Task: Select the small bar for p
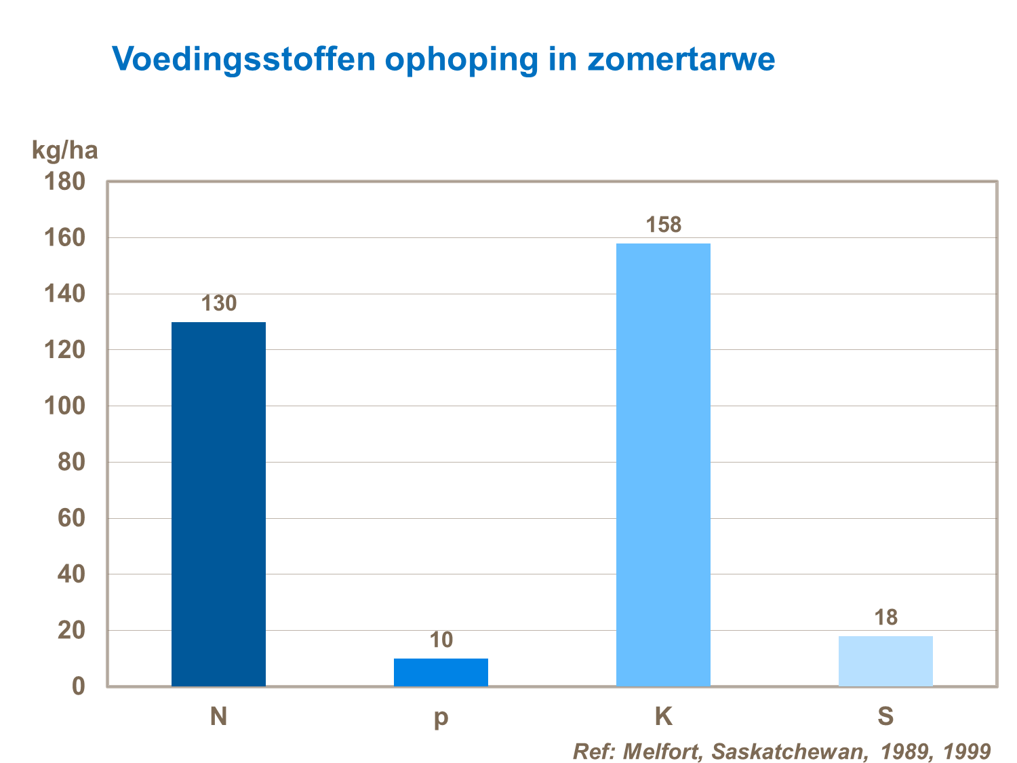(x=441, y=672)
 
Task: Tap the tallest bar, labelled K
(x=663, y=465)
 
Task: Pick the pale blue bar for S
(x=885, y=661)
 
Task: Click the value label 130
(x=219, y=303)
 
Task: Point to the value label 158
(x=663, y=224)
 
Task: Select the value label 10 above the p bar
(x=441, y=640)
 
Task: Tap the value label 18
(x=885, y=617)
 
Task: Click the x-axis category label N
(x=218, y=716)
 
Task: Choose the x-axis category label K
(x=663, y=716)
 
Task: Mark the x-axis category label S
(x=885, y=716)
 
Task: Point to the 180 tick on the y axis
(x=65, y=182)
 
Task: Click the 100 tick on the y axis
(x=65, y=406)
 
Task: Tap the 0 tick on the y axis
(x=79, y=686)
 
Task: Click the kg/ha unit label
(x=65, y=150)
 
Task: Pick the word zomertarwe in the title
(x=681, y=59)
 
